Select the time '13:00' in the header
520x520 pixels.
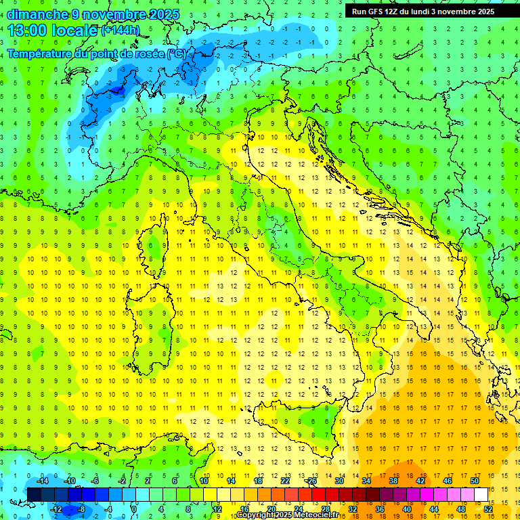(x=27, y=30)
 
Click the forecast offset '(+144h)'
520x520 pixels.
(x=121, y=30)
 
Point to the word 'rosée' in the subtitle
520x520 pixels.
(x=148, y=53)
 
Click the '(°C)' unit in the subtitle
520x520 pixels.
(x=176, y=53)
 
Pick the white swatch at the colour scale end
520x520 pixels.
(x=481, y=494)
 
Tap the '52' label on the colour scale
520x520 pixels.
(x=488, y=509)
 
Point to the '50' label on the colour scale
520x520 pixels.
(x=475, y=481)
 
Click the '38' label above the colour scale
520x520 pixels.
(x=393, y=481)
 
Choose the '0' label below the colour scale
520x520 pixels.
(x=134, y=509)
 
